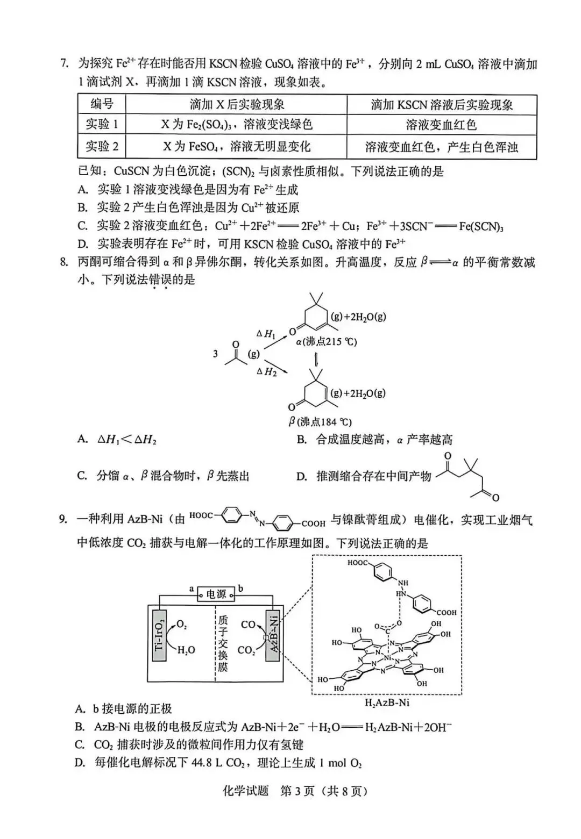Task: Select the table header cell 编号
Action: point(102,104)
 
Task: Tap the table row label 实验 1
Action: point(102,125)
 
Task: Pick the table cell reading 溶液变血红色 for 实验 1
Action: point(441,125)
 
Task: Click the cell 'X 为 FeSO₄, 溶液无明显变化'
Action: point(237,147)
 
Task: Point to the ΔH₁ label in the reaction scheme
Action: point(266,334)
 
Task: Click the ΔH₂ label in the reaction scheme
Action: point(266,371)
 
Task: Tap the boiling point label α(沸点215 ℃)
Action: point(326,342)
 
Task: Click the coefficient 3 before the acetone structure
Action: point(216,353)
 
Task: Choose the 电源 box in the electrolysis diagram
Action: point(216,594)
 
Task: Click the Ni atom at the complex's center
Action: point(387,657)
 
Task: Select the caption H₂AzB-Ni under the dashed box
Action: point(387,702)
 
